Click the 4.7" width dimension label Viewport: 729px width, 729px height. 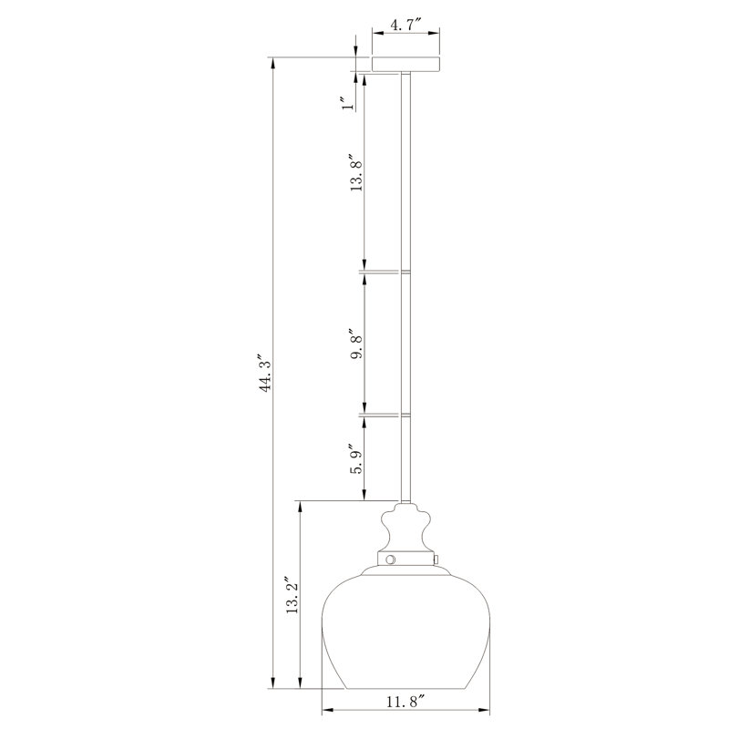click(406, 25)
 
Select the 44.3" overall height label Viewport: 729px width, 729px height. click(265, 375)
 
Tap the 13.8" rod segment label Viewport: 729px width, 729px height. click(355, 173)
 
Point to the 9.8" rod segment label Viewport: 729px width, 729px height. click(356, 345)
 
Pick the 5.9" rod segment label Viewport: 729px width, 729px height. click(356, 459)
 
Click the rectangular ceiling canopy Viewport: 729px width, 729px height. click(406, 65)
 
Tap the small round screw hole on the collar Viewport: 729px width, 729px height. click(390, 559)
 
